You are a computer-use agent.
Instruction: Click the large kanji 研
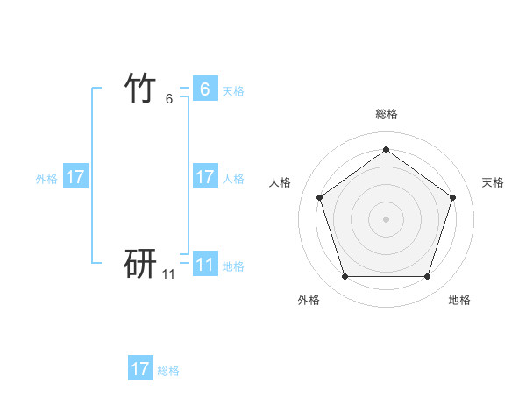141,262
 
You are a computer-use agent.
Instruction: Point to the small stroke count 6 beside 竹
169,99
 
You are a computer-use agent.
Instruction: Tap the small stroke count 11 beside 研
168,274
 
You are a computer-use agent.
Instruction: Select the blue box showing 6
205,89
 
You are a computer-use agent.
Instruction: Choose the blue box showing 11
205,265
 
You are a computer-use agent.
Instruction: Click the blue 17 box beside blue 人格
205,177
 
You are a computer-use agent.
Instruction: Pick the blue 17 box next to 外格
75,177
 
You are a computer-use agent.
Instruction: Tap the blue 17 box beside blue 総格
140,369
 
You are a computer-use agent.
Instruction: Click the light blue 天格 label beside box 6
233,91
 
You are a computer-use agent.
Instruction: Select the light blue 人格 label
233,179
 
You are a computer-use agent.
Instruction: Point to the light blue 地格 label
233,266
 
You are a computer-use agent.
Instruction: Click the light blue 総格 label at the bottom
168,371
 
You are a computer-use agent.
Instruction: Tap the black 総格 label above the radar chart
386,114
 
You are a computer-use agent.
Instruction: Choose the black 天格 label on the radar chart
494,182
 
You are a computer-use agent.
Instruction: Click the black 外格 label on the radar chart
309,300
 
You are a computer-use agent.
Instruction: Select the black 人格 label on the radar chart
280,182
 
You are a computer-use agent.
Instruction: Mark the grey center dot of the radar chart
386,218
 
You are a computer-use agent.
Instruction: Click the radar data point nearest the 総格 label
386,149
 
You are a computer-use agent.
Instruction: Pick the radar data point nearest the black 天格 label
452,197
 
